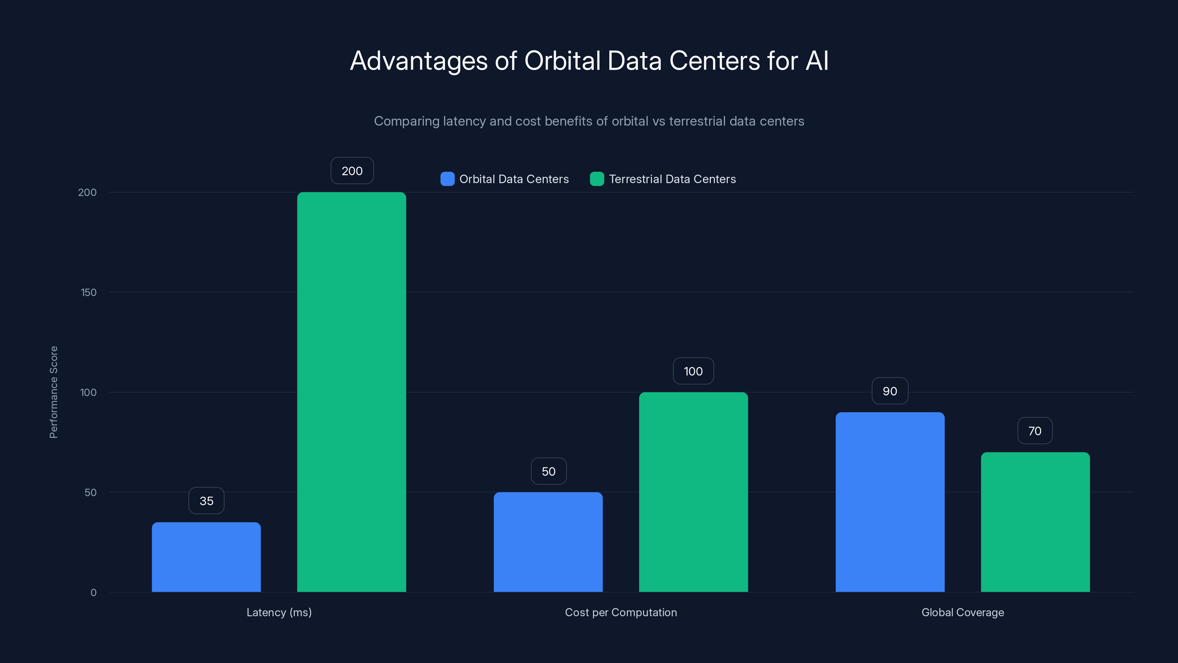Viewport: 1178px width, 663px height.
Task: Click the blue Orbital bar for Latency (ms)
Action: click(206, 557)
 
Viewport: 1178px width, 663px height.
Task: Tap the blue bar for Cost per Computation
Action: click(548, 542)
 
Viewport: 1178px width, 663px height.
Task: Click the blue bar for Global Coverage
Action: click(890, 502)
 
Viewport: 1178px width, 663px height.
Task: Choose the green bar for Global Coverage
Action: click(1035, 522)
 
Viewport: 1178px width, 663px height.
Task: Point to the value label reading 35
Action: click(206, 501)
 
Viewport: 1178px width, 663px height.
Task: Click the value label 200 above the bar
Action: click(352, 171)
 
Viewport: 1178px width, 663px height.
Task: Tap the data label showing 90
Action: click(889, 391)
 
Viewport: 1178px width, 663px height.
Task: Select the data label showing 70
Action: click(1034, 431)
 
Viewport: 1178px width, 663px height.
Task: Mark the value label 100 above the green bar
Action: click(693, 371)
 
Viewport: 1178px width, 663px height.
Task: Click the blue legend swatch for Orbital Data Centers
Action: click(447, 179)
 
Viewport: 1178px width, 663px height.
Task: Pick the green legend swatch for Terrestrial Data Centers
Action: click(597, 179)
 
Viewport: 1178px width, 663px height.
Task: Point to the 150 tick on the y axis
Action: click(89, 292)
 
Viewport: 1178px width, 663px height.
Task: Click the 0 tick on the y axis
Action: click(93, 593)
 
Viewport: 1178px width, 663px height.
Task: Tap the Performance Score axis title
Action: click(53, 392)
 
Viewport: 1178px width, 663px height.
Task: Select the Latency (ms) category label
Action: click(279, 612)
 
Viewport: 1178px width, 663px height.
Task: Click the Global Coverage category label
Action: click(962, 612)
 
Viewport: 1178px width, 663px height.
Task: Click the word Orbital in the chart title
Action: click(562, 61)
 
